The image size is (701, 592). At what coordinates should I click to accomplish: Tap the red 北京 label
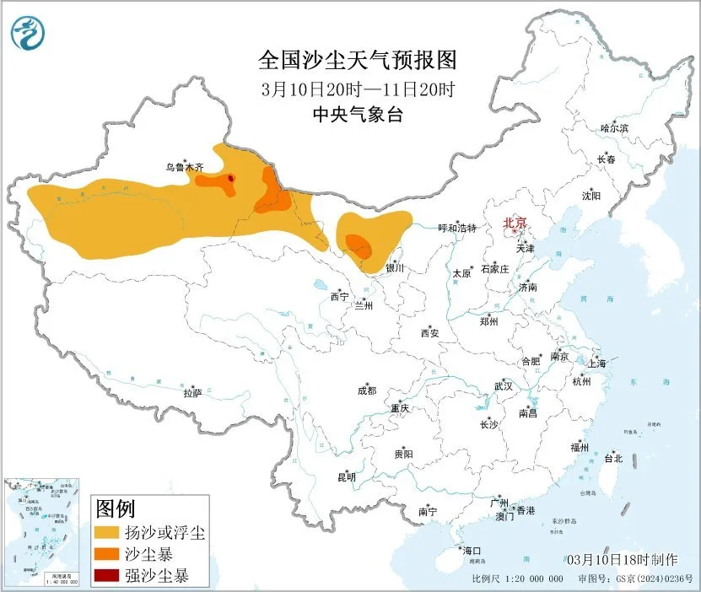[515, 223]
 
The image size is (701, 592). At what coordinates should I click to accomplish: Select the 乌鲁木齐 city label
[184, 168]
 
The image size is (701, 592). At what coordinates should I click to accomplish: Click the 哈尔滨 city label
[614, 128]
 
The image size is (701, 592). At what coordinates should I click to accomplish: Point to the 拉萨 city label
[192, 393]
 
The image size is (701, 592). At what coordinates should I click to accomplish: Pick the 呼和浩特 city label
[456, 229]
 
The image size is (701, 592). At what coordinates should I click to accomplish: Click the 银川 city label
[395, 268]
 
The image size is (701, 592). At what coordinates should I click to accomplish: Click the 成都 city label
[367, 390]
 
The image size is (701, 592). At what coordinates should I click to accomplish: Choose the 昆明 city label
[347, 477]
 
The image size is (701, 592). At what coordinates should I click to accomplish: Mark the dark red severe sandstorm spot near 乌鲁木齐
[231, 178]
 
